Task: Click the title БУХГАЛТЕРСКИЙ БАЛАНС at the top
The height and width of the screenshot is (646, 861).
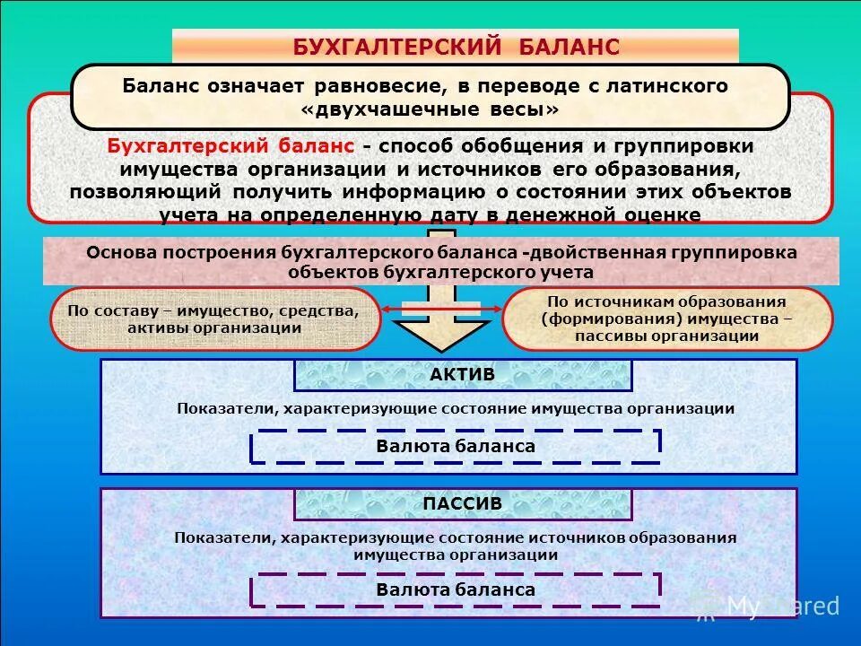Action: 456,47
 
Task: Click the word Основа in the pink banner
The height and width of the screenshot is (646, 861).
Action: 122,252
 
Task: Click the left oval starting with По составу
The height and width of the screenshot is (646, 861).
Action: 215,319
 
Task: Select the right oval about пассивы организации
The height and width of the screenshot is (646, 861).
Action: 667,319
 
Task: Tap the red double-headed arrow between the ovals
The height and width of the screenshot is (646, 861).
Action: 440,310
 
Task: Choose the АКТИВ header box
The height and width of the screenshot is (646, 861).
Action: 462,375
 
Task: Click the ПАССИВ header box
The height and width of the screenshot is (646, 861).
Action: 462,504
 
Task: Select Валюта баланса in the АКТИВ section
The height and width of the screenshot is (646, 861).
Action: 456,446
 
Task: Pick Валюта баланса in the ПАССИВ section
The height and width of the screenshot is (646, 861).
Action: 456,589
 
